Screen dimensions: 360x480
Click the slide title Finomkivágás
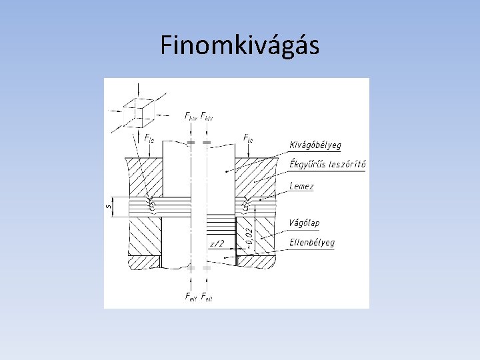coord(240,45)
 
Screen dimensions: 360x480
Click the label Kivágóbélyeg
coord(315,145)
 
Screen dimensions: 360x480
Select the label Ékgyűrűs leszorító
coord(327,165)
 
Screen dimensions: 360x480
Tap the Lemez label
coord(301,187)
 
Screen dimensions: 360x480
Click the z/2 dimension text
coord(217,245)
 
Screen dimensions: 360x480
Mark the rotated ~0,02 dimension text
coord(247,236)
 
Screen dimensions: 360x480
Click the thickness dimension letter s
coord(109,206)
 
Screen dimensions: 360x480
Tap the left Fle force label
coord(149,139)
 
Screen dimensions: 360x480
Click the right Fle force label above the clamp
coord(248,139)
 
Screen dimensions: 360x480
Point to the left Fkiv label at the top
coord(191,116)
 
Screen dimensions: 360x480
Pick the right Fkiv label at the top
coord(207,116)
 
